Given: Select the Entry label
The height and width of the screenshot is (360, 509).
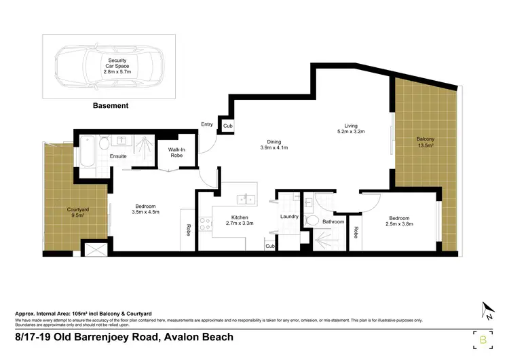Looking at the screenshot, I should pos(207,124).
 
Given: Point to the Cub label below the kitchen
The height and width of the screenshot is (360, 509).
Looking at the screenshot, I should pos(269,246).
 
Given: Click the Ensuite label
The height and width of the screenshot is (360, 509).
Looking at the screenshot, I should pos(118,156).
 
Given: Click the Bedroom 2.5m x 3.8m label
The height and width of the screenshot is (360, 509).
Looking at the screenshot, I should pos(399,221).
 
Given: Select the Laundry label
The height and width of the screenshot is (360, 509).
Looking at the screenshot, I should pos(290,217).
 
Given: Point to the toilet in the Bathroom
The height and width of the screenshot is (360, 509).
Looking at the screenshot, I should pos(312,220).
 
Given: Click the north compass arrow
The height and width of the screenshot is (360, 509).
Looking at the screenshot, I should pos(487,310).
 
